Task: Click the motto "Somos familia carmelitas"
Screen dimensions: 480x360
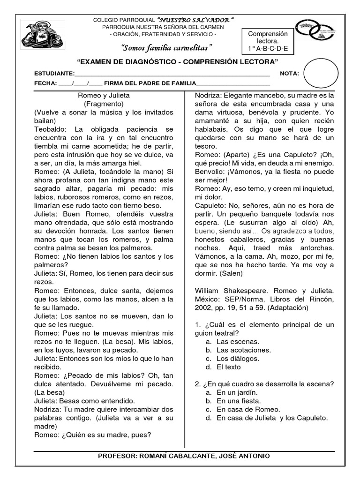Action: (x=166, y=48)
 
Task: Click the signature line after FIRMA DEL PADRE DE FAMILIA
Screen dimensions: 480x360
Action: (x=232, y=83)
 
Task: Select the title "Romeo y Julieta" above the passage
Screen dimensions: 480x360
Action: (x=104, y=95)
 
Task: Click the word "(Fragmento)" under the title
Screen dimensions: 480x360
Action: (x=104, y=104)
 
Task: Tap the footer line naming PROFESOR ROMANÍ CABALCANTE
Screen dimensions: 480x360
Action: (x=183, y=456)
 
